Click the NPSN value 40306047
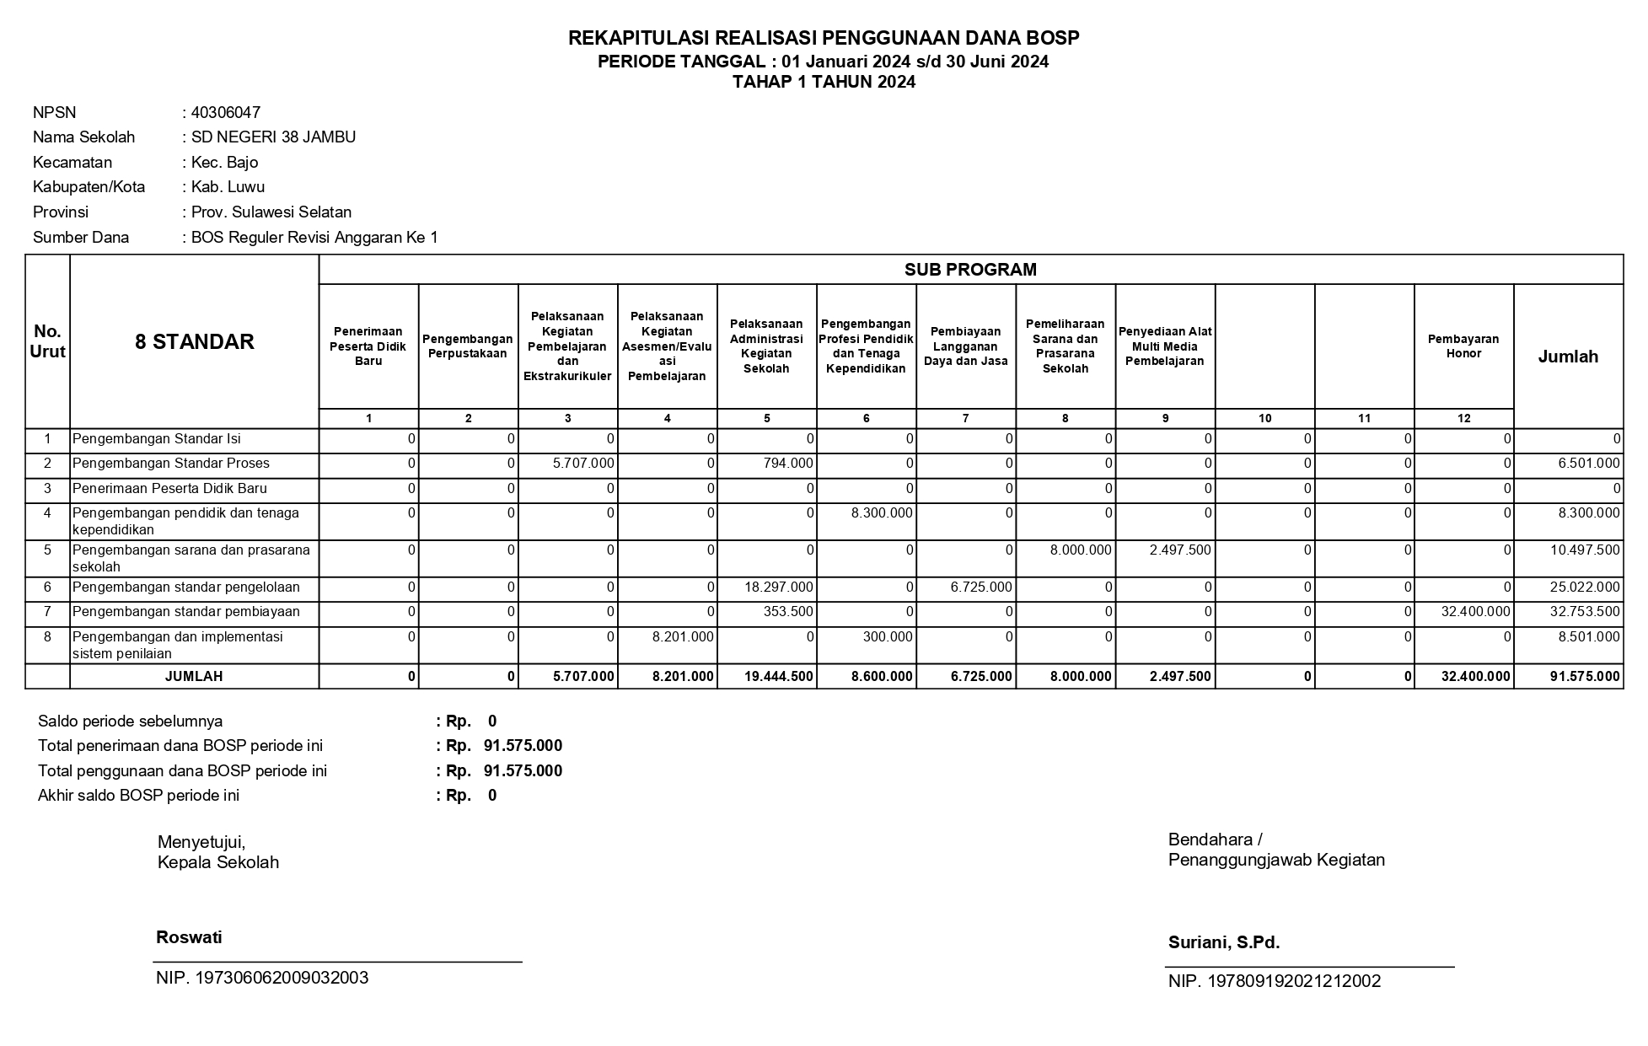click(225, 113)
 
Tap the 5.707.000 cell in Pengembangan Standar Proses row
click(584, 464)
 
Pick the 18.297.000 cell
click(779, 587)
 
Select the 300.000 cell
click(888, 637)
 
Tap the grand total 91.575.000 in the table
click(1585, 677)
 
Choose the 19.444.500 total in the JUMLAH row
click(779, 677)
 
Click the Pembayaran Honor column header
click(1463, 346)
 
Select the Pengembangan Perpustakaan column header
click(468, 346)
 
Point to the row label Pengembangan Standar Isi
click(156, 439)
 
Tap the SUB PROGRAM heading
click(970, 270)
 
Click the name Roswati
click(189, 937)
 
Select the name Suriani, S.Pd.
click(1224, 943)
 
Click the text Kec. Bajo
click(224, 163)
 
